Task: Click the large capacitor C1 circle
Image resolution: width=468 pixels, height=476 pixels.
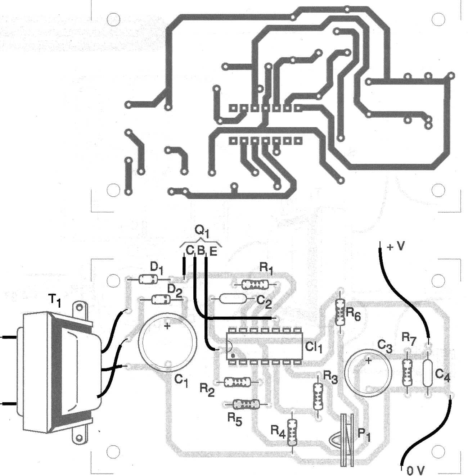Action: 167,342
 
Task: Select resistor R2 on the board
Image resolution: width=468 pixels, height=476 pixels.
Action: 237,382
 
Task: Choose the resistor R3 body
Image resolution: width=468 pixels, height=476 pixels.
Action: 318,396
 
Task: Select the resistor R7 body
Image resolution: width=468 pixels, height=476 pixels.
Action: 407,372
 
